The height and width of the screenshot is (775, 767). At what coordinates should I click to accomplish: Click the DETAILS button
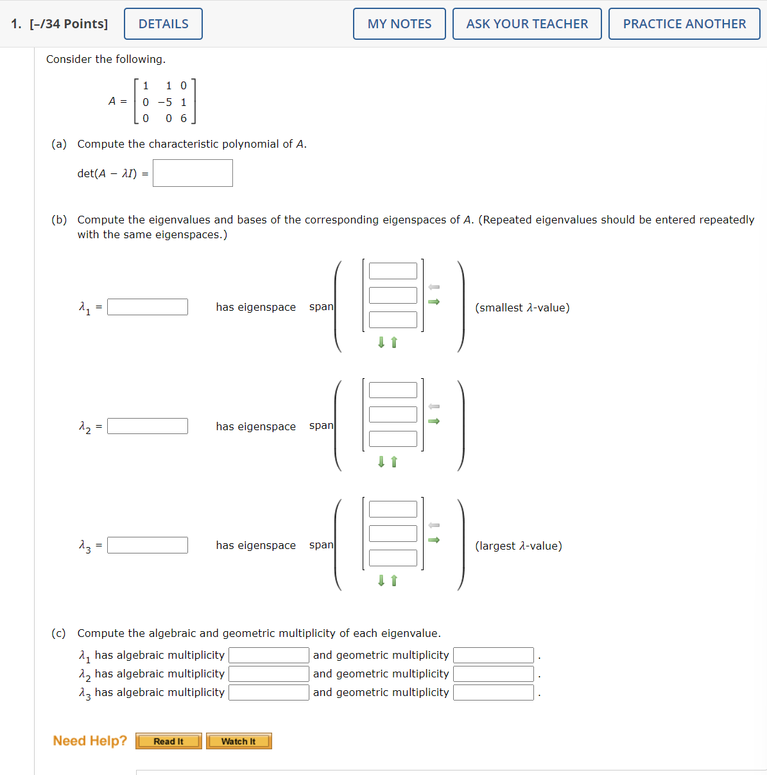(163, 24)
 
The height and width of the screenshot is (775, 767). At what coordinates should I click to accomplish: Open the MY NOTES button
(399, 24)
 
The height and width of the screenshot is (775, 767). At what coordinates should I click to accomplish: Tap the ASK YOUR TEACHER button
(527, 24)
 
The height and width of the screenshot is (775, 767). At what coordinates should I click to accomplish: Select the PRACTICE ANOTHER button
(684, 24)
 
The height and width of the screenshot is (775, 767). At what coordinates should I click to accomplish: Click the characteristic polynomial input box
(193, 173)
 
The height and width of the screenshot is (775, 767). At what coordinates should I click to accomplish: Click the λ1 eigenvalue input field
(148, 307)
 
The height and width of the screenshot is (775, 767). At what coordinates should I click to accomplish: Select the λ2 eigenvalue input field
(148, 426)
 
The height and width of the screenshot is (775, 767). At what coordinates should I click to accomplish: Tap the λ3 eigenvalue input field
(148, 545)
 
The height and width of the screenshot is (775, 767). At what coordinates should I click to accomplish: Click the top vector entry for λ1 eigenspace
(393, 271)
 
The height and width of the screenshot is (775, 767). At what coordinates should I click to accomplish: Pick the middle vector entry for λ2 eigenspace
(393, 414)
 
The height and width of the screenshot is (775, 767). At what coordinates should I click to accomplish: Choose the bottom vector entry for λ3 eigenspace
(393, 558)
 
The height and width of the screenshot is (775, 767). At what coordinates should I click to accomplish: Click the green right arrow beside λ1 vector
(434, 302)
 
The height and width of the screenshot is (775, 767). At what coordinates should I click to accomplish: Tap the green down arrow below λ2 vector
(381, 462)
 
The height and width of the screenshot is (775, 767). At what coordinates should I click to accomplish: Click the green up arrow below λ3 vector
(394, 580)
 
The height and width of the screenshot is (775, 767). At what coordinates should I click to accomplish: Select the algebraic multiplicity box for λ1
(269, 655)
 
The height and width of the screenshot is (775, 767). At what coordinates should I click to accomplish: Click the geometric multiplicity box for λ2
(494, 674)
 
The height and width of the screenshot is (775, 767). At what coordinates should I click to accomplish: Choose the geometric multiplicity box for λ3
(494, 692)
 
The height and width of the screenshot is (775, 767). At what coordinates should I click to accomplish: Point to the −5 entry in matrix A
(165, 102)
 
